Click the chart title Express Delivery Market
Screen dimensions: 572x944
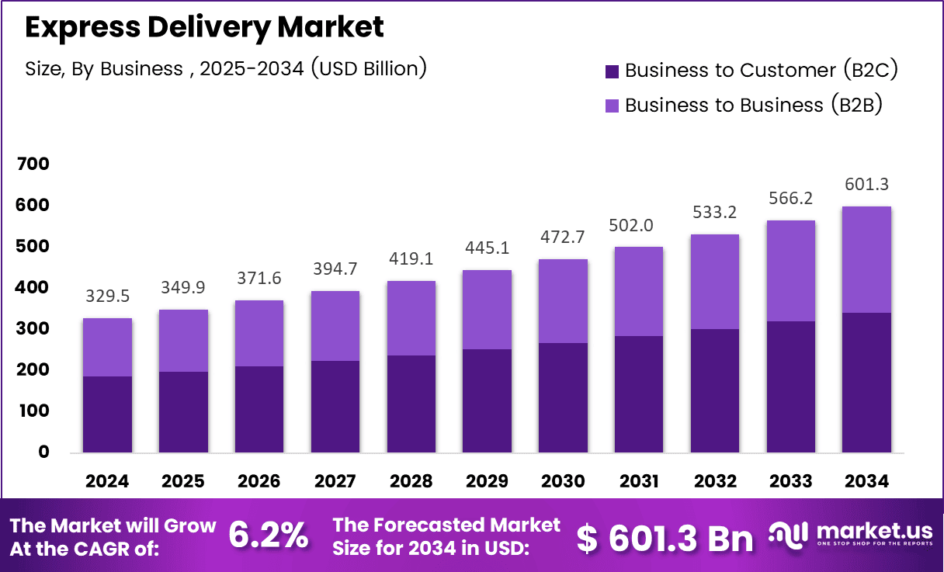tap(204, 27)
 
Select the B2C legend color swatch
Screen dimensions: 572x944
tap(612, 71)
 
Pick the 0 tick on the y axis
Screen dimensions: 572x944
tap(43, 452)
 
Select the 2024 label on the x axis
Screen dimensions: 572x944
tap(107, 481)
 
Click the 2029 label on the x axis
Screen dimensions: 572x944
tap(488, 481)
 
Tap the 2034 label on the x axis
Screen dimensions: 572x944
tap(866, 481)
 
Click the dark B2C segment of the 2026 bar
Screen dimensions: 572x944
tap(259, 409)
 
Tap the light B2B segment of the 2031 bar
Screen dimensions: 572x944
tap(639, 291)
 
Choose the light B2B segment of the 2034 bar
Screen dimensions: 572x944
tap(866, 259)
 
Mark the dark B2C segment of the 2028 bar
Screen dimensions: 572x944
tap(411, 404)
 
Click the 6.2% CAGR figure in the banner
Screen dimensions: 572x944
tap(269, 536)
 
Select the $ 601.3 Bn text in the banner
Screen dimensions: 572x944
tap(665, 538)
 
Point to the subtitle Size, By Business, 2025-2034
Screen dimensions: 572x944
tap(226, 68)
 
